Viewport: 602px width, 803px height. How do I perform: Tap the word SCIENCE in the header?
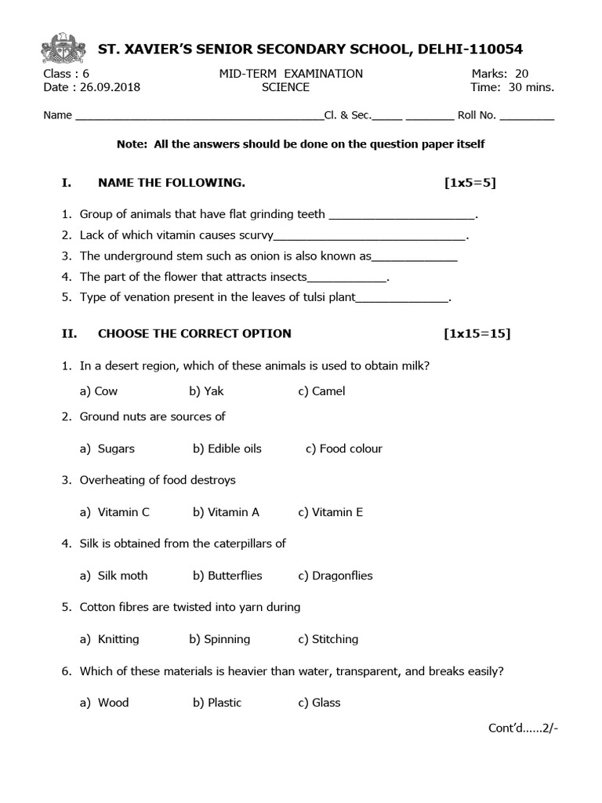point(285,87)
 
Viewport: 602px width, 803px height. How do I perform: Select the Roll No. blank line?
point(526,116)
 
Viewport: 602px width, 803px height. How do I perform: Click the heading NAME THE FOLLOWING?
point(171,183)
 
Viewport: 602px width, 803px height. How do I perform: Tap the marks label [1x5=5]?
point(470,183)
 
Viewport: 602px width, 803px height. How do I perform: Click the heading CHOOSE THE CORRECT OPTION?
point(194,333)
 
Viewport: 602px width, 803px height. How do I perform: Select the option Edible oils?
point(234,449)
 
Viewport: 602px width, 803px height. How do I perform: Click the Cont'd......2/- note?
point(523,728)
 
